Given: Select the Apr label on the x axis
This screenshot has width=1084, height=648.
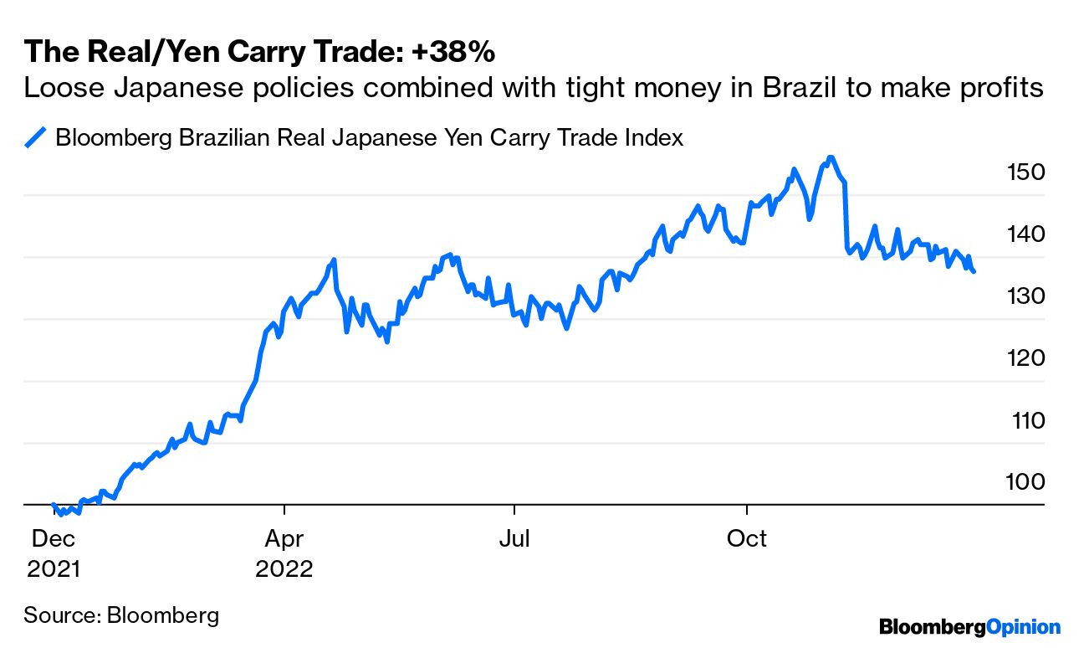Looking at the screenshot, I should pos(284,538).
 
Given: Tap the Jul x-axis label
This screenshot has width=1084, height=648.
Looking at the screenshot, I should pos(514,538).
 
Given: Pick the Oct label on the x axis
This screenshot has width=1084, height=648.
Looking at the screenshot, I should pos(746,538).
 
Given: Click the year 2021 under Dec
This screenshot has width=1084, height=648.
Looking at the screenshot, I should pos(54,569).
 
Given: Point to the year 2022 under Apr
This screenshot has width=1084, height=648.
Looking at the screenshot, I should pos(284,569).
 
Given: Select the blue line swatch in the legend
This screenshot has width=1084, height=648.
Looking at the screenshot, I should pos(36,137).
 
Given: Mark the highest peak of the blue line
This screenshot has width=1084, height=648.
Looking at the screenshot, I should pos(829,157).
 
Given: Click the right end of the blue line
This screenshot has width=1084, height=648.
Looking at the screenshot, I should pos(974,271).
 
